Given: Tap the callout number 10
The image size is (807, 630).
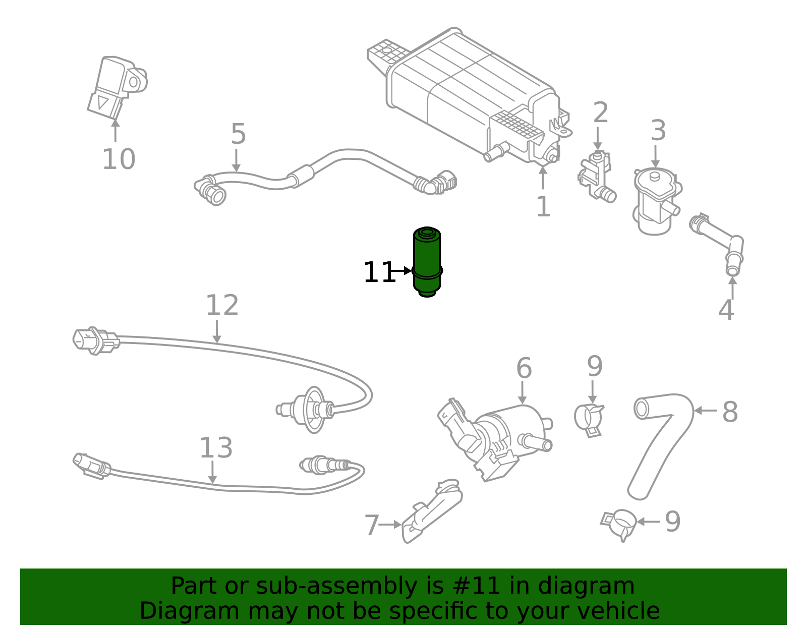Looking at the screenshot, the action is [x=119, y=159].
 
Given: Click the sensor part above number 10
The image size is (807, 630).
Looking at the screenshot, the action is [x=116, y=87].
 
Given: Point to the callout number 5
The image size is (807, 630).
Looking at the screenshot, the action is [x=238, y=134].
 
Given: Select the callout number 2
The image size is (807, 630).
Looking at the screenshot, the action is [x=600, y=113].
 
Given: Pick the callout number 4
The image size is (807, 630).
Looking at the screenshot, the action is [x=726, y=310].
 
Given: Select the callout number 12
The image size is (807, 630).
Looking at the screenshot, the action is [x=222, y=306].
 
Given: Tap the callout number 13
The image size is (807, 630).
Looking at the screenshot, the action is [x=216, y=448].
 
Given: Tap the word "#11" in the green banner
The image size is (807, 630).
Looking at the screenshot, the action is [x=476, y=586].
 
